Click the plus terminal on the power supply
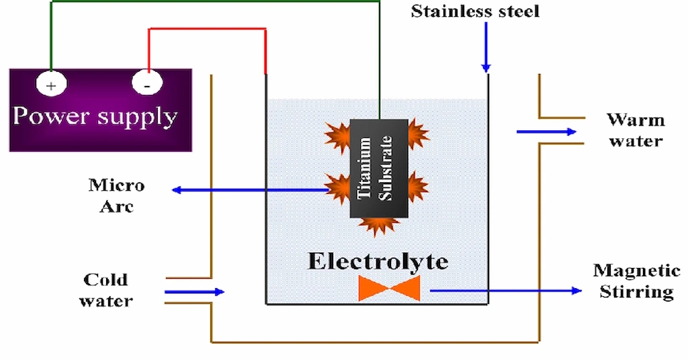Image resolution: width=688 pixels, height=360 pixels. tap(50, 85)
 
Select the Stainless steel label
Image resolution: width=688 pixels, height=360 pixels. tap(474, 11)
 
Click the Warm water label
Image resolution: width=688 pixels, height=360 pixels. tap(635, 130)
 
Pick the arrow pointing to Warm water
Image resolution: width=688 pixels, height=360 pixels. tap(546, 132)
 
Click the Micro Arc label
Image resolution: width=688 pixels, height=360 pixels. tap(116, 195)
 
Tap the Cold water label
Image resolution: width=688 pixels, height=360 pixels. tap(105, 289)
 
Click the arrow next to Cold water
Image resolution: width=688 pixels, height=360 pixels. tap(194, 291)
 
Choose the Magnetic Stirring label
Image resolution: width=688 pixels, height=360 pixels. tap(636, 281)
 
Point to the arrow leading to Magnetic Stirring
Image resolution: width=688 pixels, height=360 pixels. tap(504, 290)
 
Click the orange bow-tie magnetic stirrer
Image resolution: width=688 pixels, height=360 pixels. tap(389, 289)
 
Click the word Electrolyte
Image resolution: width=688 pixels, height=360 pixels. tap(378, 261)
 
